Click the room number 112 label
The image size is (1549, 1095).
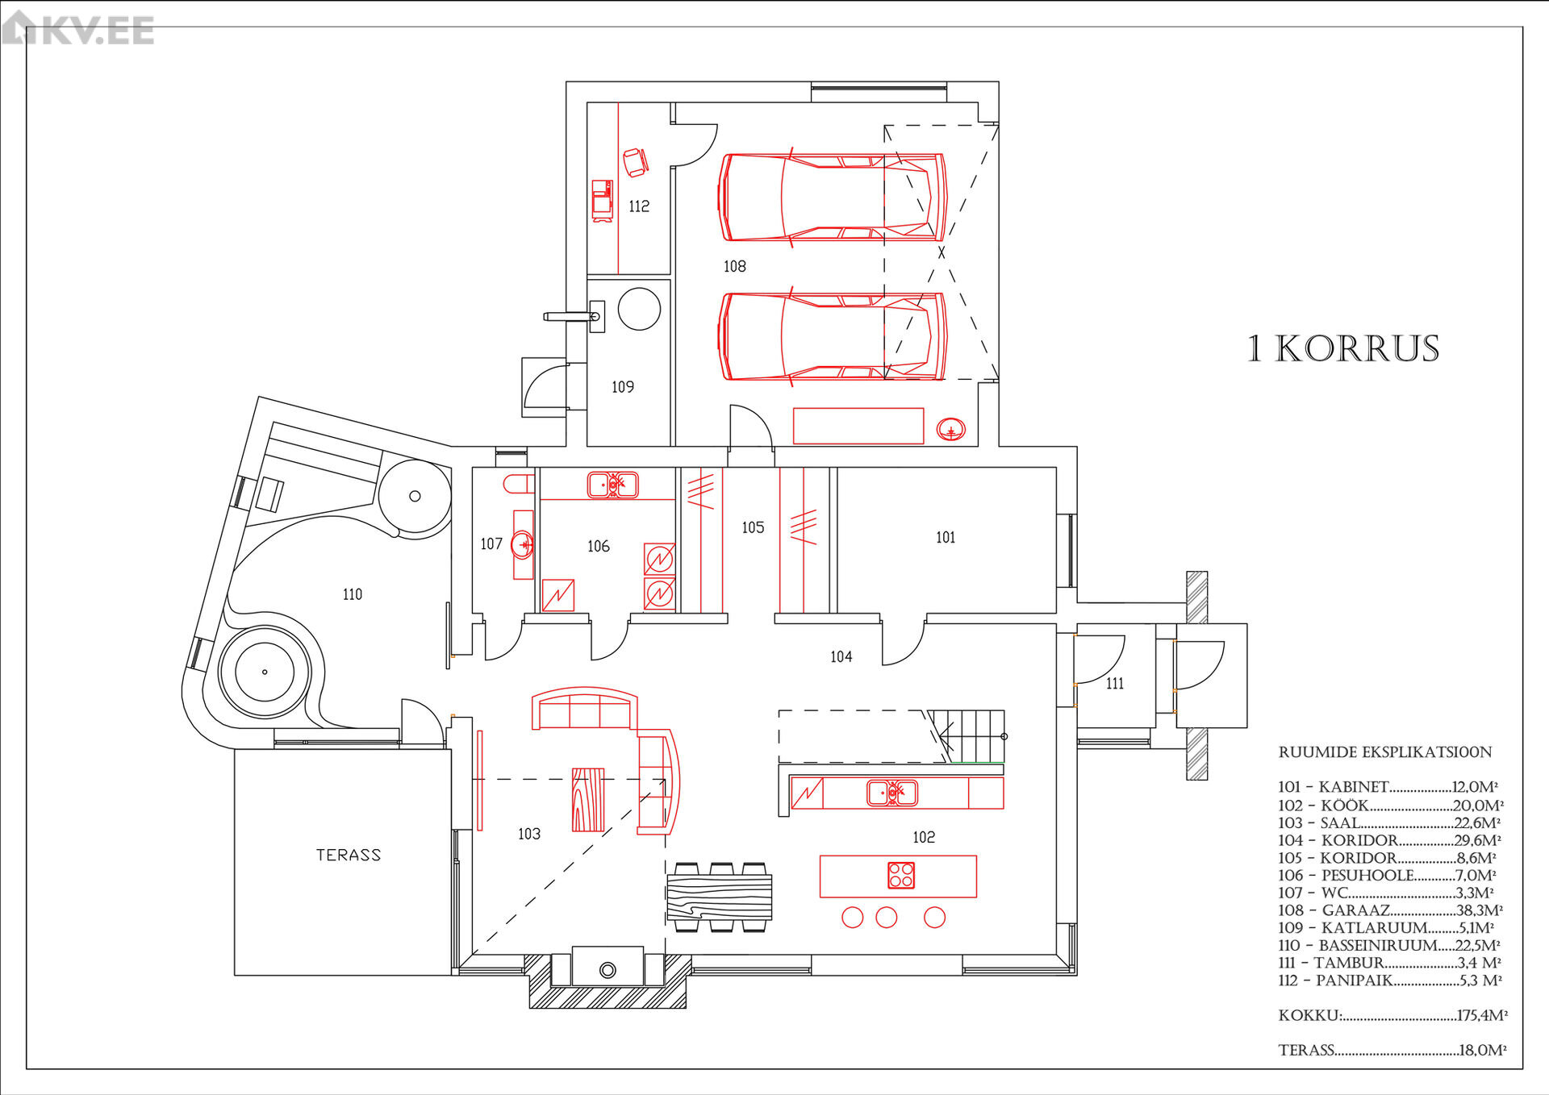[x=639, y=206]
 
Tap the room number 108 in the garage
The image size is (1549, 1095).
[x=734, y=266]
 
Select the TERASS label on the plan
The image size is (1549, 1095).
[x=349, y=855]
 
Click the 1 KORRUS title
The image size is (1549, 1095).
[x=1343, y=349]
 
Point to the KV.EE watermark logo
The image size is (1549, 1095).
[x=77, y=29]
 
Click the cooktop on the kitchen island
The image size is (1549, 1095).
[x=901, y=875]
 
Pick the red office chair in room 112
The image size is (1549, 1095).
[x=635, y=162]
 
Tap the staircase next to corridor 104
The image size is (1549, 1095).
[x=967, y=735]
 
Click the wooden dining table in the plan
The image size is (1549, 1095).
[x=720, y=897]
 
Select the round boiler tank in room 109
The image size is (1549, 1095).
[x=639, y=309]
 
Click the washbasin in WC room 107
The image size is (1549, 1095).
[x=523, y=545]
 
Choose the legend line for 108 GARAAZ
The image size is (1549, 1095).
[x=1390, y=910]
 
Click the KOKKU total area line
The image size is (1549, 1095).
[x=1392, y=1015]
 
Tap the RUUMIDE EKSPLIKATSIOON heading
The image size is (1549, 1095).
[x=1385, y=752]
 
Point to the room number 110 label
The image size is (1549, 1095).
[x=353, y=594]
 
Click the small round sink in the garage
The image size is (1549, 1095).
[x=951, y=430]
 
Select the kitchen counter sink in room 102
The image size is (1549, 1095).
[x=891, y=793]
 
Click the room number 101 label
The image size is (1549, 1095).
[x=946, y=537]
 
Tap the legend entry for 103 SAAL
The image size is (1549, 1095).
[x=1389, y=823]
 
